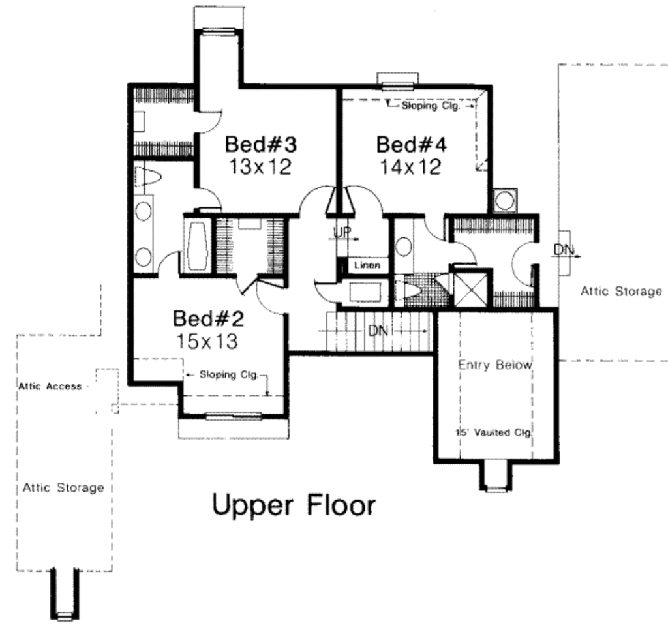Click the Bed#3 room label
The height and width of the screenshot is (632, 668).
[x=261, y=144]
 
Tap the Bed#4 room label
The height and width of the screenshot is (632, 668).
[x=412, y=145]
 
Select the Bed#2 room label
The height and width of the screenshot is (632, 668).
[x=208, y=318]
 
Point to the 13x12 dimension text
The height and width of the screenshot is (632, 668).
[x=260, y=166]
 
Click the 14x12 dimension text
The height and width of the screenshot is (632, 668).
[x=410, y=167]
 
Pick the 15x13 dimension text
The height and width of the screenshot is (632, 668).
[x=207, y=341]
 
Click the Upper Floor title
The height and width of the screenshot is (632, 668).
[x=294, y=505]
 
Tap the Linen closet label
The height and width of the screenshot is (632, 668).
[x=367, y=265]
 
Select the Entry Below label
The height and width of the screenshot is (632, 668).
[x=495, y=365]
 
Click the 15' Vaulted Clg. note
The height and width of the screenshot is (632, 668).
[x=494, y=432]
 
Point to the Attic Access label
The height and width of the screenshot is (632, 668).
[x=50, y=386]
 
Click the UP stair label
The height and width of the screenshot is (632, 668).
[x=342, y=232]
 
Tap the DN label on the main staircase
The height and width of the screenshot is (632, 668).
[x=378, y=331]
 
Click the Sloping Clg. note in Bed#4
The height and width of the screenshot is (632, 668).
[x=431, y=106]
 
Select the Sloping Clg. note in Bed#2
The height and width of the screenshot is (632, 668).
[x=229, y=375]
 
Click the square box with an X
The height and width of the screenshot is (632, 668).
[x=470, y=289]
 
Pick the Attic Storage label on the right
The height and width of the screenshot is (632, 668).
[x=621, y=292]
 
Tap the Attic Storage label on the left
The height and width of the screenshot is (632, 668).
[x=63, y=488]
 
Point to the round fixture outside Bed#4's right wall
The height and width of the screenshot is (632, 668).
[x=505, y=200]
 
